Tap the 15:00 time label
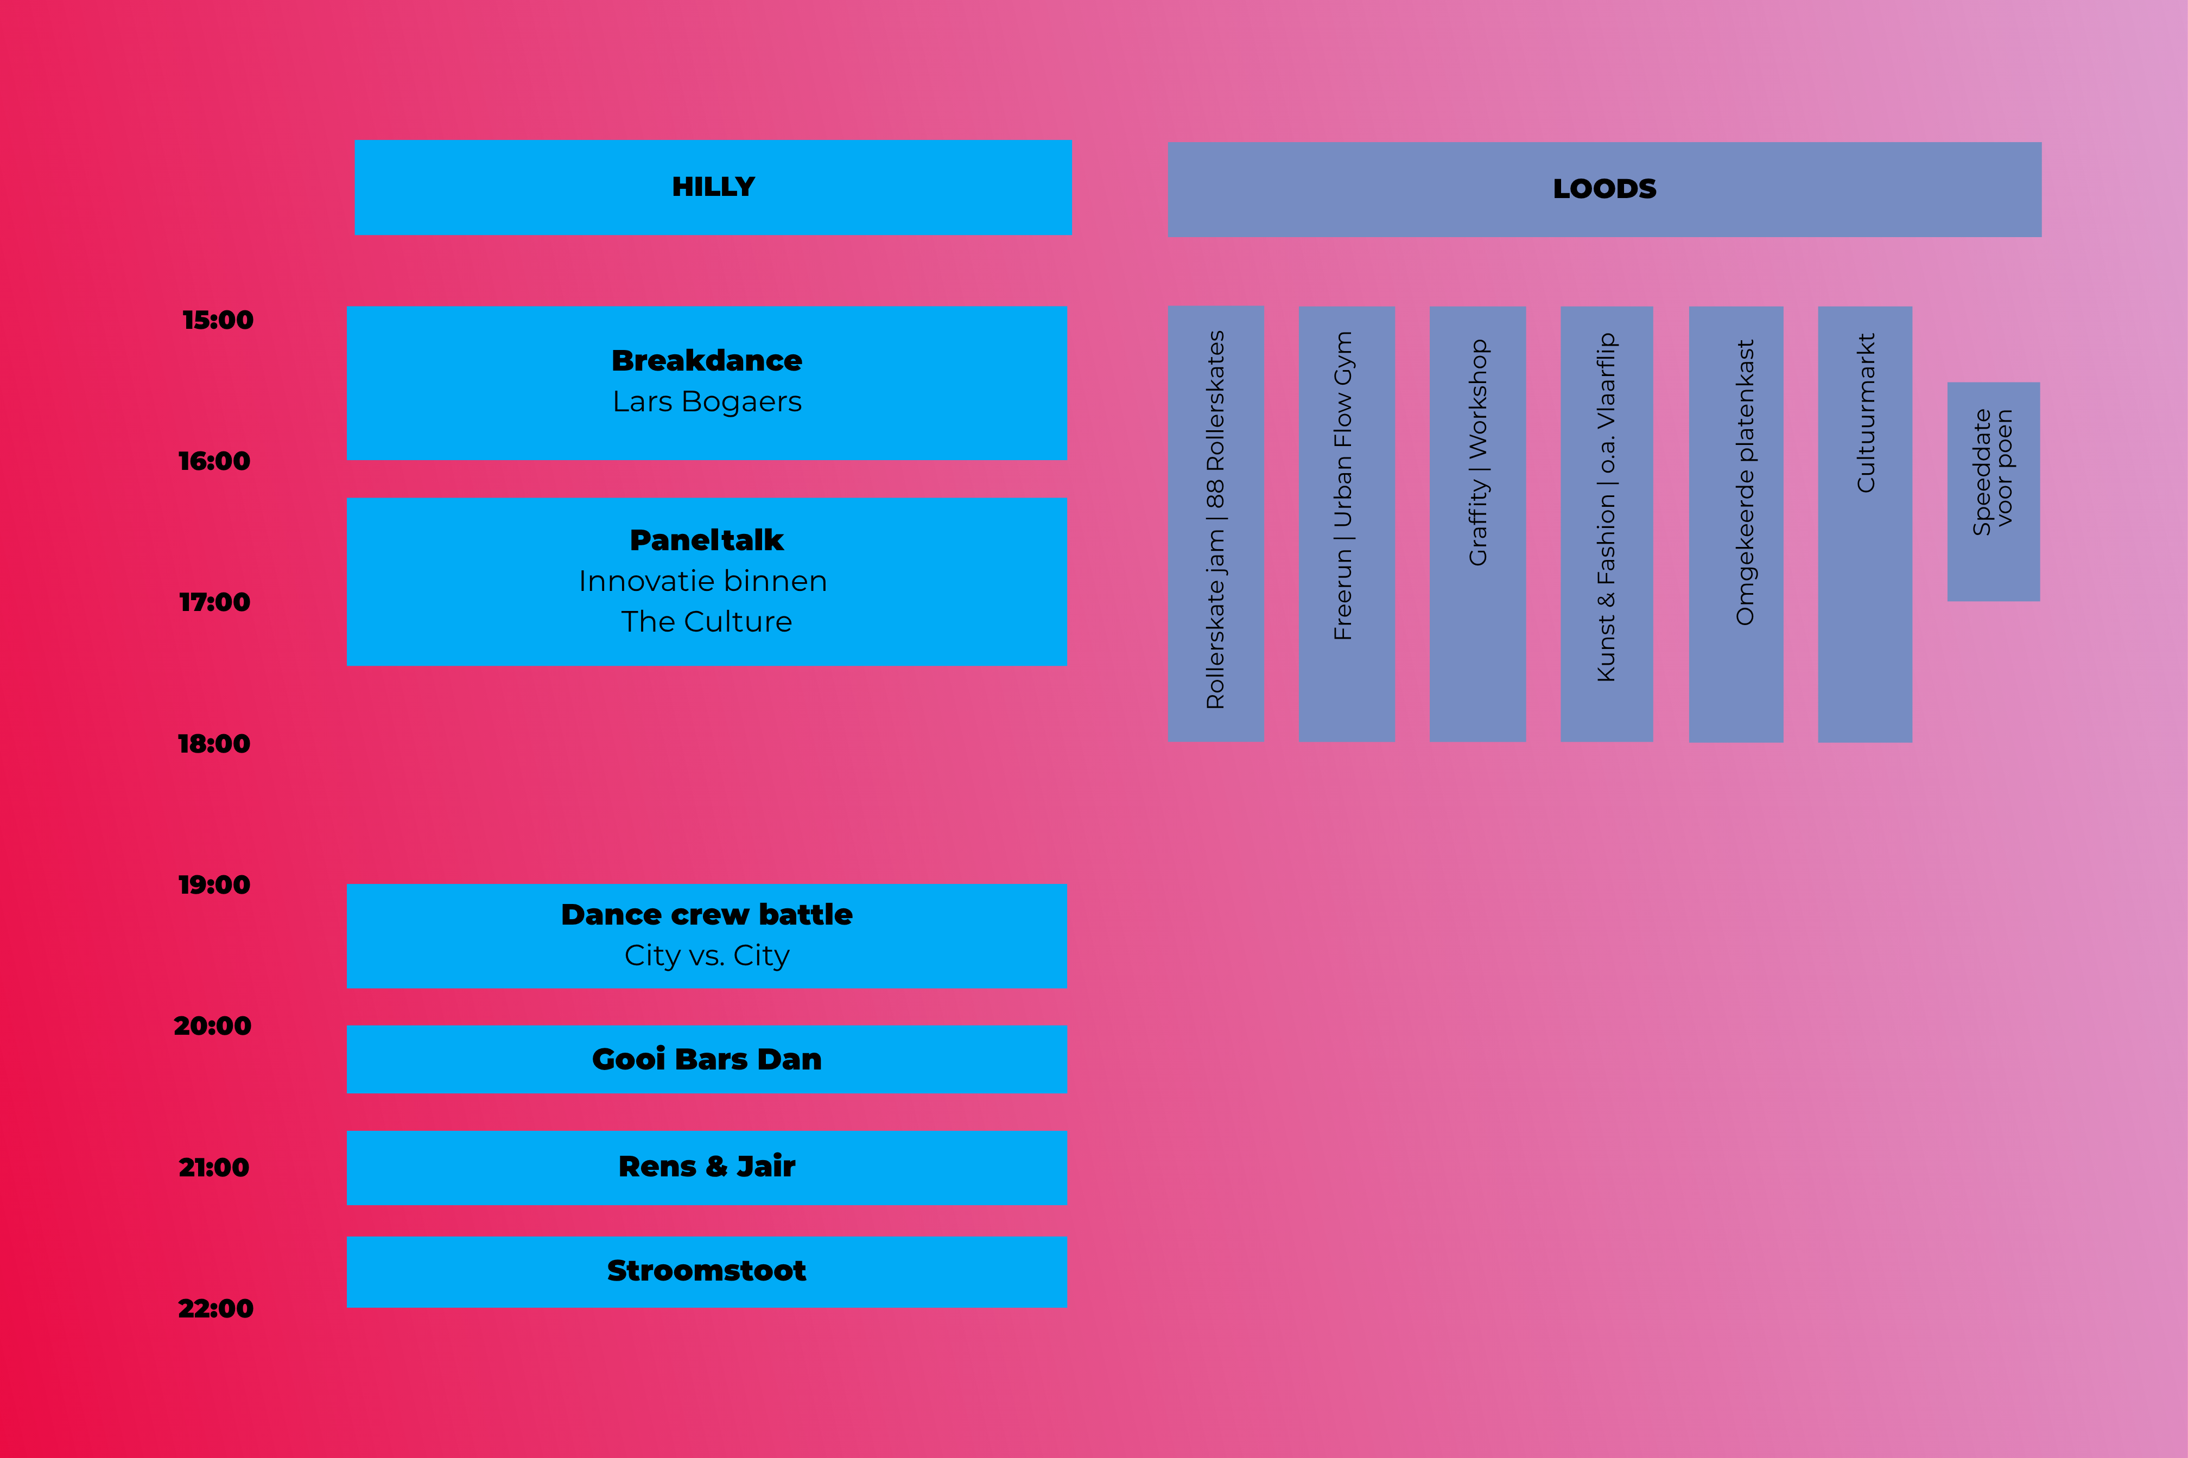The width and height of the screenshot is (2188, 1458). [x=218, y=320]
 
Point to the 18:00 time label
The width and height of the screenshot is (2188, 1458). [x=214, y=744]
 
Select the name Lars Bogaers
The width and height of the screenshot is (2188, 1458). [x=707, y=402]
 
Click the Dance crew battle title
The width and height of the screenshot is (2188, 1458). [x=707, y=914]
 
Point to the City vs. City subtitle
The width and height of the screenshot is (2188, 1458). [x=707, y=956]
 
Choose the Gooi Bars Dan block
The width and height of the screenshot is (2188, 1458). [x=707, y=1059]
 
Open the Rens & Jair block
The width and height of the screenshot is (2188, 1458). [x=707, y=1167]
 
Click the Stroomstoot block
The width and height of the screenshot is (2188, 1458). [x=707, y=1271]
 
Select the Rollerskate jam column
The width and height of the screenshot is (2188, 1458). [x=1215, y=524]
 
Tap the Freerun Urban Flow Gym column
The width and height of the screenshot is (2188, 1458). [x=1347, y=524]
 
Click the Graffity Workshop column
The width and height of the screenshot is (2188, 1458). [x=1477, y=524]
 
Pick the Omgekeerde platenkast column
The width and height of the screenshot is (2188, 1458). [x=1736, y=524]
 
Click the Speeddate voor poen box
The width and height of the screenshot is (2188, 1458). [x=1994, y=492]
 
